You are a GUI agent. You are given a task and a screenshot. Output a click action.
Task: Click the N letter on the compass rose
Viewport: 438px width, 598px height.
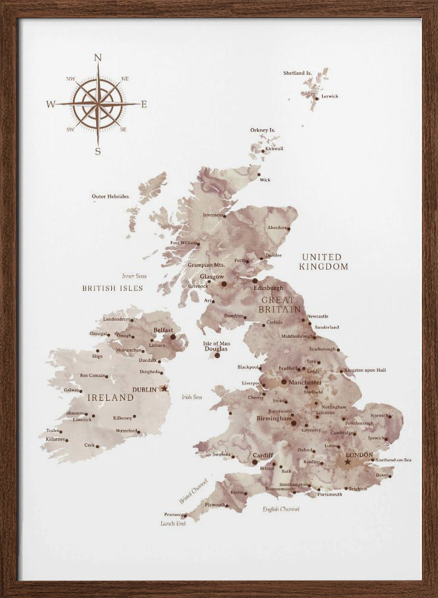[99, 57]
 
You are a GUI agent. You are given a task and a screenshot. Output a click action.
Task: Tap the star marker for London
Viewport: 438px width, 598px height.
[348, 462]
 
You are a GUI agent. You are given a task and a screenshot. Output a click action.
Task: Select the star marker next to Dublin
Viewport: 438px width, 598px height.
[165, 389]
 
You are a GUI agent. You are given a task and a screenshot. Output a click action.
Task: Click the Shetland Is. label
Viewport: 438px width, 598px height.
[298, 73]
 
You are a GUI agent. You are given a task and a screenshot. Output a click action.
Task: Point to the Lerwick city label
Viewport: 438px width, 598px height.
[330, 96]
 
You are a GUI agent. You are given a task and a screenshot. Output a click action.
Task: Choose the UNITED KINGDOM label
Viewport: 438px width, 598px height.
[324, 262]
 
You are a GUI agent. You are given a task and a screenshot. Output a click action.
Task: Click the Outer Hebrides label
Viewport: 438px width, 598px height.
[110, 196]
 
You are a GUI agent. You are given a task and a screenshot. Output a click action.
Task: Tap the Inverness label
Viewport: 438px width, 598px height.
[213, 215]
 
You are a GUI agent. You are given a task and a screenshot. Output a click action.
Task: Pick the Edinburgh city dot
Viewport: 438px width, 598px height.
[255, 280]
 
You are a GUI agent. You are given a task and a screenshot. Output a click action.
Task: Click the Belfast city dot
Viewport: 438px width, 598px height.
[173, 337]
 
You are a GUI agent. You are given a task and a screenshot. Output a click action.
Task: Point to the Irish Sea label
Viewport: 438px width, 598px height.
[192, 397]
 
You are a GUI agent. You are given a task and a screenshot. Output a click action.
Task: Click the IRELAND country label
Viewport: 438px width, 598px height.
[111, 397]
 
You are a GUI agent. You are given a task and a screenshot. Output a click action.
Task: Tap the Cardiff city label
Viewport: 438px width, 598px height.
[264, 454]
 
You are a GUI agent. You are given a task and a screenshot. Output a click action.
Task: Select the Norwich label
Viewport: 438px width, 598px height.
[380, 415]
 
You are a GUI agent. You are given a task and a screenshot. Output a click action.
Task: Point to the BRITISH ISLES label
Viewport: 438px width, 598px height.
[113, 288]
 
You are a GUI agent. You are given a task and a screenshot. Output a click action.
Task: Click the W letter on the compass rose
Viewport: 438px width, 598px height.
[51, 105]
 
